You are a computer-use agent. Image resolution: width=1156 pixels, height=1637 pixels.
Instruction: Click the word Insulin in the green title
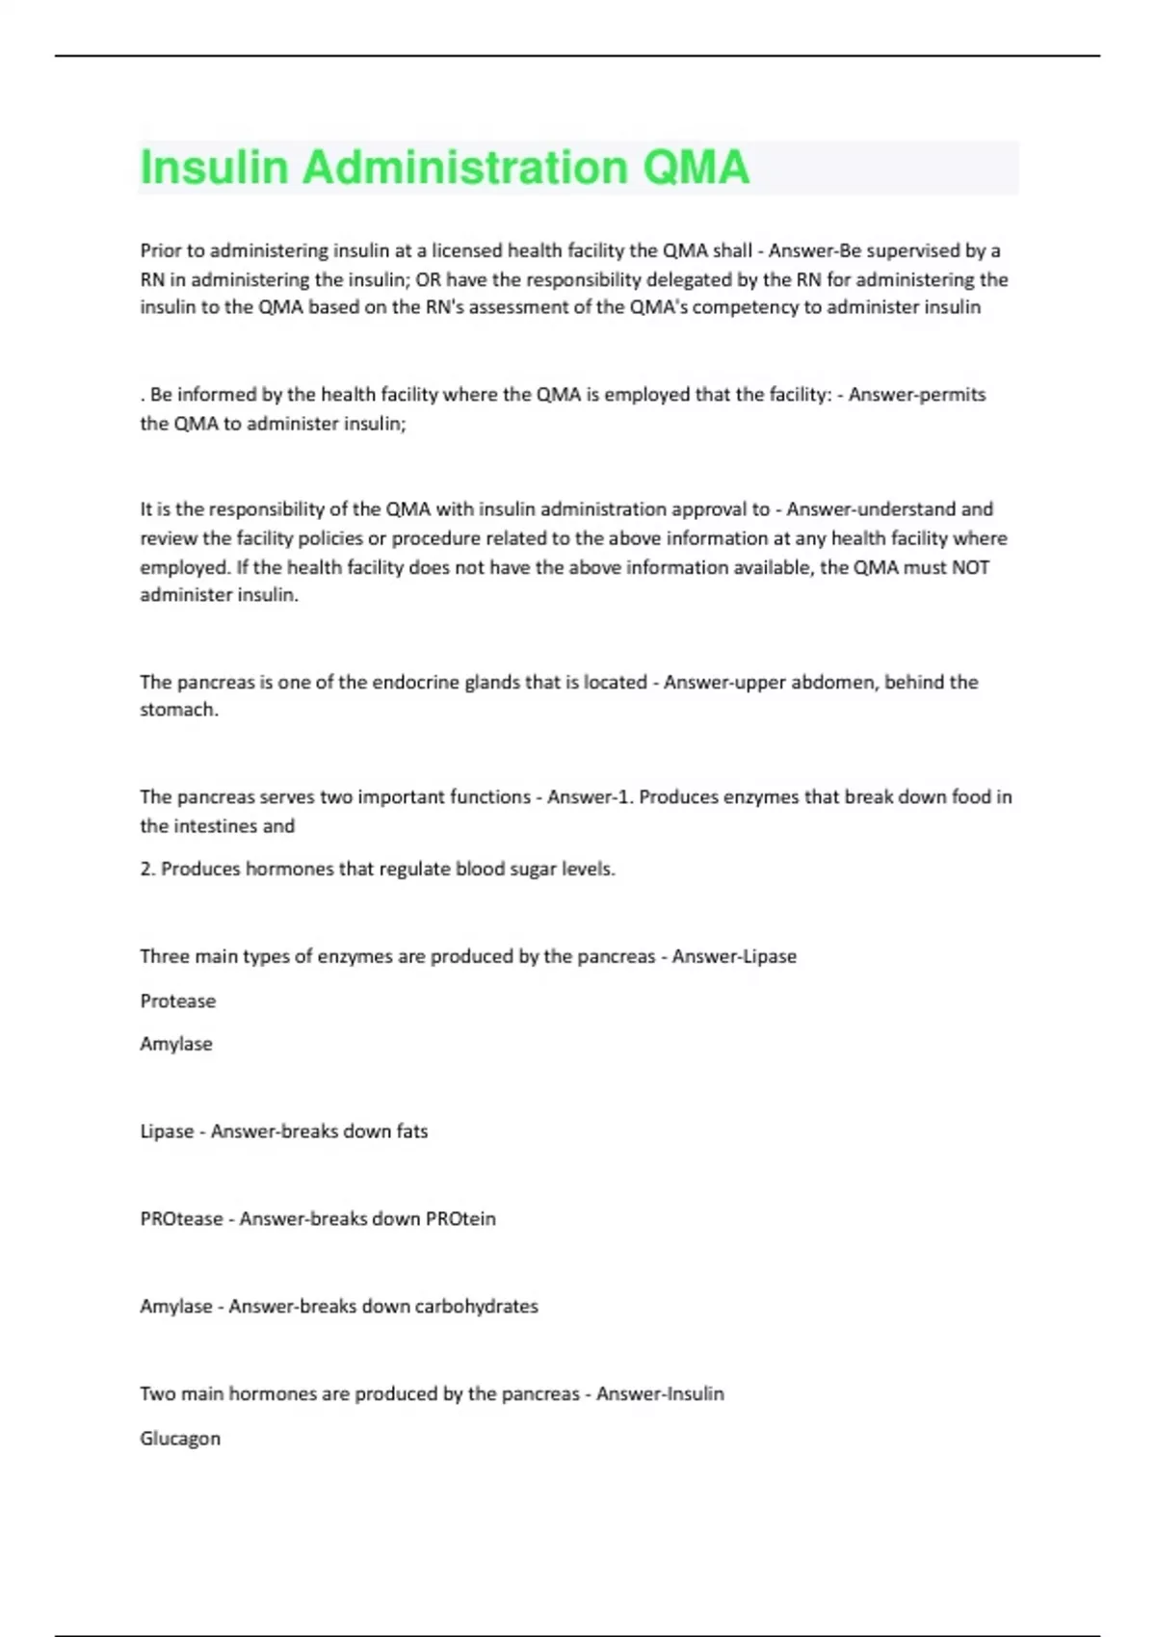214,168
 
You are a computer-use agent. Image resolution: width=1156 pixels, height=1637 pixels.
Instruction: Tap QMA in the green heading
695,168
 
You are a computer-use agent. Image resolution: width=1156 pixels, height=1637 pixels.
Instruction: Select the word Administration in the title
464,168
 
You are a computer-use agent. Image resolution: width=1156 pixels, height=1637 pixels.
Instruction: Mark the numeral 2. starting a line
147,869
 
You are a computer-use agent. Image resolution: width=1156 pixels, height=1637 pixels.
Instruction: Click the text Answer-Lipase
734,956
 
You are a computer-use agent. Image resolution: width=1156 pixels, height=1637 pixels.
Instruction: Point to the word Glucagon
180,1438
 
